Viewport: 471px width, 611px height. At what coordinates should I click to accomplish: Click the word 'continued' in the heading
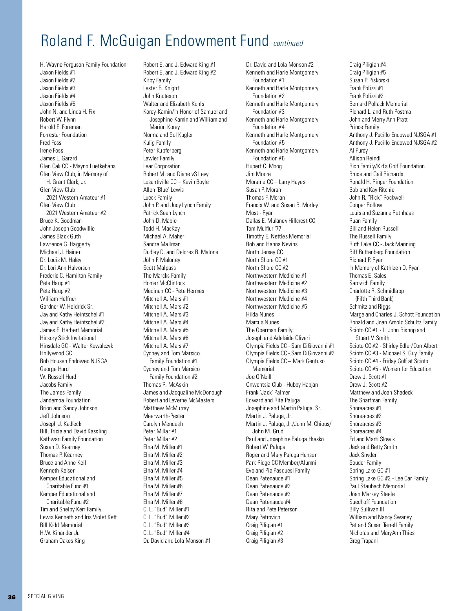pyautogui.click(x=288, y=44)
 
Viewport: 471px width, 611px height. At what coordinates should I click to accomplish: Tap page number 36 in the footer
pyautogui.click(x=12, y=597)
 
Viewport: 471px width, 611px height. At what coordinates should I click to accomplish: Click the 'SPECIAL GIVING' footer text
pyautogui.click(x=46, y=596)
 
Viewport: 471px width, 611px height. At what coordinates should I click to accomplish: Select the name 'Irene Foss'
pyautogui.click(x=51, y=151)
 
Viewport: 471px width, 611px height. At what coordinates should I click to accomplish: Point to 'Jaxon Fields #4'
pyautogui.click(x=58, y=96)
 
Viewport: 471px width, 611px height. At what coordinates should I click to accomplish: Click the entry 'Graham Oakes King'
pyautogui.click(x=62, y=541)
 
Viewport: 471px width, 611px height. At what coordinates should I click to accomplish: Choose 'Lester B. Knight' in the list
pyautogui.click(x=161, y=88)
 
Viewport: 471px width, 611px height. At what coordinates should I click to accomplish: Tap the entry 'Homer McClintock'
pyautogui.click(x=164, y=283)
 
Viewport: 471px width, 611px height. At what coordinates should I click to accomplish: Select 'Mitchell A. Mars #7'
pyautogui.click(x=166, y=346)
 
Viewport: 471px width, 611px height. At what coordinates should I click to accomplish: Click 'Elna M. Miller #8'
pyautogui.click(x=163, y=502)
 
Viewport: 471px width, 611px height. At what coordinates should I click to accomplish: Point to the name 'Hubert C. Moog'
pyautogui.click(x=264, y=166)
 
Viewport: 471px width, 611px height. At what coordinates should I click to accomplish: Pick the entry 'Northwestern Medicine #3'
pyautogui.click(x=276, y=291)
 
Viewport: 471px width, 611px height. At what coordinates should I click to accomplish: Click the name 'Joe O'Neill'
pyautogui.click(x=259, y=377)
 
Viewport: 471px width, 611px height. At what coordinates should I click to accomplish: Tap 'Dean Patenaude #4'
pyautogui.click(x=268, y=502)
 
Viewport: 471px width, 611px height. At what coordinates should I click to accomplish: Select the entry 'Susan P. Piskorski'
pyautogui.click(x=369, y=80)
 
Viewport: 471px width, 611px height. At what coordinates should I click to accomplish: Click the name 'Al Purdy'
pyautogui.click(x=359, y=151)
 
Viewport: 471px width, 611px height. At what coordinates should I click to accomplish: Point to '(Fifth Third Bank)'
pyautogui.click(x=374, y=299)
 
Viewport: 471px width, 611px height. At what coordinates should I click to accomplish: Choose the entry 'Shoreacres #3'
pyautogui.click(x=365, y=424)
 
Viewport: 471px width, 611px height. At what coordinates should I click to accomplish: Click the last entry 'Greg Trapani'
pyautogui.click(x=363, y=541)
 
